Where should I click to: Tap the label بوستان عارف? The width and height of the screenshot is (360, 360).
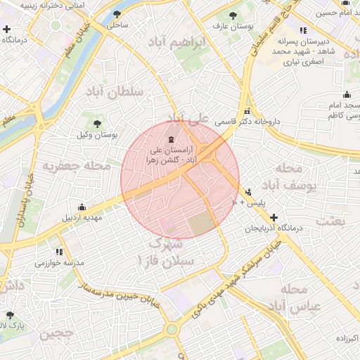coord(236,26)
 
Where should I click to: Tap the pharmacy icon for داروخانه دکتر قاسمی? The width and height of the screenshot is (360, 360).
coord(246,112)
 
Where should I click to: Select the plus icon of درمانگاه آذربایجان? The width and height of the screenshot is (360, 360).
coord(274,218)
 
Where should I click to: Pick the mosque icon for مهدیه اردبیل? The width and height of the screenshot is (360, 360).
coord(82,207)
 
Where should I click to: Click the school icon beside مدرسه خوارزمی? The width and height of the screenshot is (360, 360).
coord(59,252)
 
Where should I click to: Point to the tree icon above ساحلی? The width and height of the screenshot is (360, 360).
coord(117,14)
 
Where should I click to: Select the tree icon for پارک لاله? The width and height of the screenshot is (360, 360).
coord(9,316)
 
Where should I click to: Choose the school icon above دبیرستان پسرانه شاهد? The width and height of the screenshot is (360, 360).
coord(303,30)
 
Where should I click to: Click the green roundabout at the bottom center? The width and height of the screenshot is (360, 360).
coord(171,328)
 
